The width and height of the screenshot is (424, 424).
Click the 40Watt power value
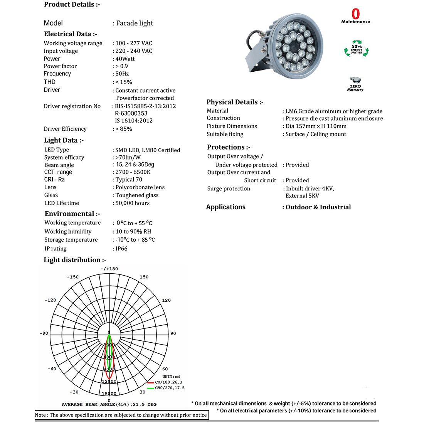pos(125,59)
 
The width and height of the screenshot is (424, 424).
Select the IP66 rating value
pos(121,249)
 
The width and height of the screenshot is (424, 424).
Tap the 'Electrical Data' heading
pos(70,34)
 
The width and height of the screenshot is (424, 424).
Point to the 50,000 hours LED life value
pos(133,203)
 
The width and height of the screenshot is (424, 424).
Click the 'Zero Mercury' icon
pos(355,84)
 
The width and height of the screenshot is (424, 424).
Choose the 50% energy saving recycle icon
pos(356,49)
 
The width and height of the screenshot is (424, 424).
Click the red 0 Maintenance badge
pos(355,16)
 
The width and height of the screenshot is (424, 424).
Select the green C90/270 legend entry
pos(169,388)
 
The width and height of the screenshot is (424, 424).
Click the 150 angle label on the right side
pos(144,277)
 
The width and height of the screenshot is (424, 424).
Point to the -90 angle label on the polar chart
pos(44,333)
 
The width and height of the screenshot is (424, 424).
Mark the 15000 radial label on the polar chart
pos(109,394)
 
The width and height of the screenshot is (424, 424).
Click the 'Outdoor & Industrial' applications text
pos(318,207)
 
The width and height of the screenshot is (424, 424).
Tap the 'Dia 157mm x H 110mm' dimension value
pos(316,126)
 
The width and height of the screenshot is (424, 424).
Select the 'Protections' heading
pos(229,147)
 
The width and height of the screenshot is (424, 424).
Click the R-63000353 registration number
pos(131,113)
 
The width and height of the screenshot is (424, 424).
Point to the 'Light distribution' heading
pos(74,260)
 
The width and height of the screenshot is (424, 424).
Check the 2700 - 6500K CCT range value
pos(133,172)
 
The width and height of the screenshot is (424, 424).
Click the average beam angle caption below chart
pos(109,404)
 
